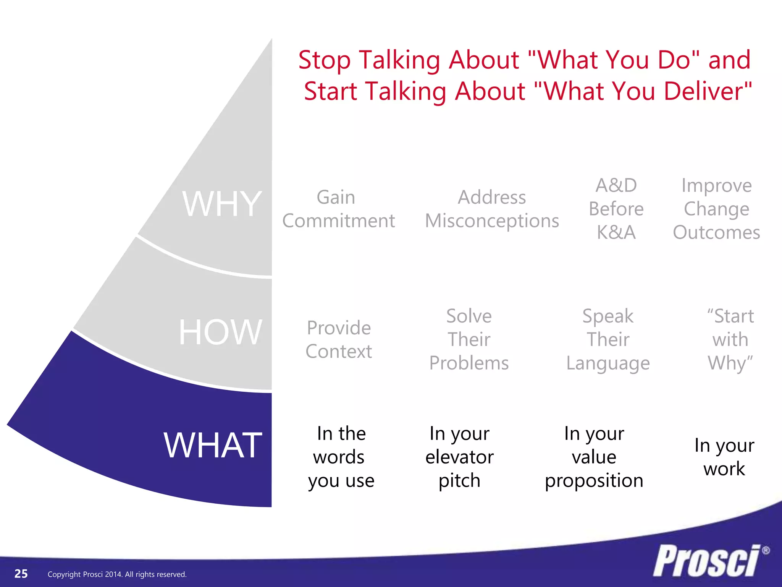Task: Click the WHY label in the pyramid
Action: click(x=222, y=204)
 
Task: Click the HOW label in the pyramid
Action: click(x=221, y=332)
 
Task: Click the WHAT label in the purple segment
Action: click(x=213, y=445)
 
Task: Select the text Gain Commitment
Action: click(x=338, y=209)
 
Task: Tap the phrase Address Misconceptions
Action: click(x=492, y=209)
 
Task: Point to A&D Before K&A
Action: click(x=616, y=209)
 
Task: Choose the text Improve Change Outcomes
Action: click(x=716, y=209)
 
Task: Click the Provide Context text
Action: click(x=339, y=339)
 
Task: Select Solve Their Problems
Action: click(x=469, y=339)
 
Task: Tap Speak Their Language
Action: click(x=608, y=339)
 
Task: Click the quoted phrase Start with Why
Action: click(x=730, y=339)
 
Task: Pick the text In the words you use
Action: click(x=341, y=457)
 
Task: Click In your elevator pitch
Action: click(x=459, y=457)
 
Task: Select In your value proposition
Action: click(x=594, y=457)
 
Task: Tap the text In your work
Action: click(x=724, y=457)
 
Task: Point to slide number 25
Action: click(x=21, y=574)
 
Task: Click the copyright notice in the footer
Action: click(x=117, y=574)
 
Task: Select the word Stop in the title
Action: click(x=324, y=60)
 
